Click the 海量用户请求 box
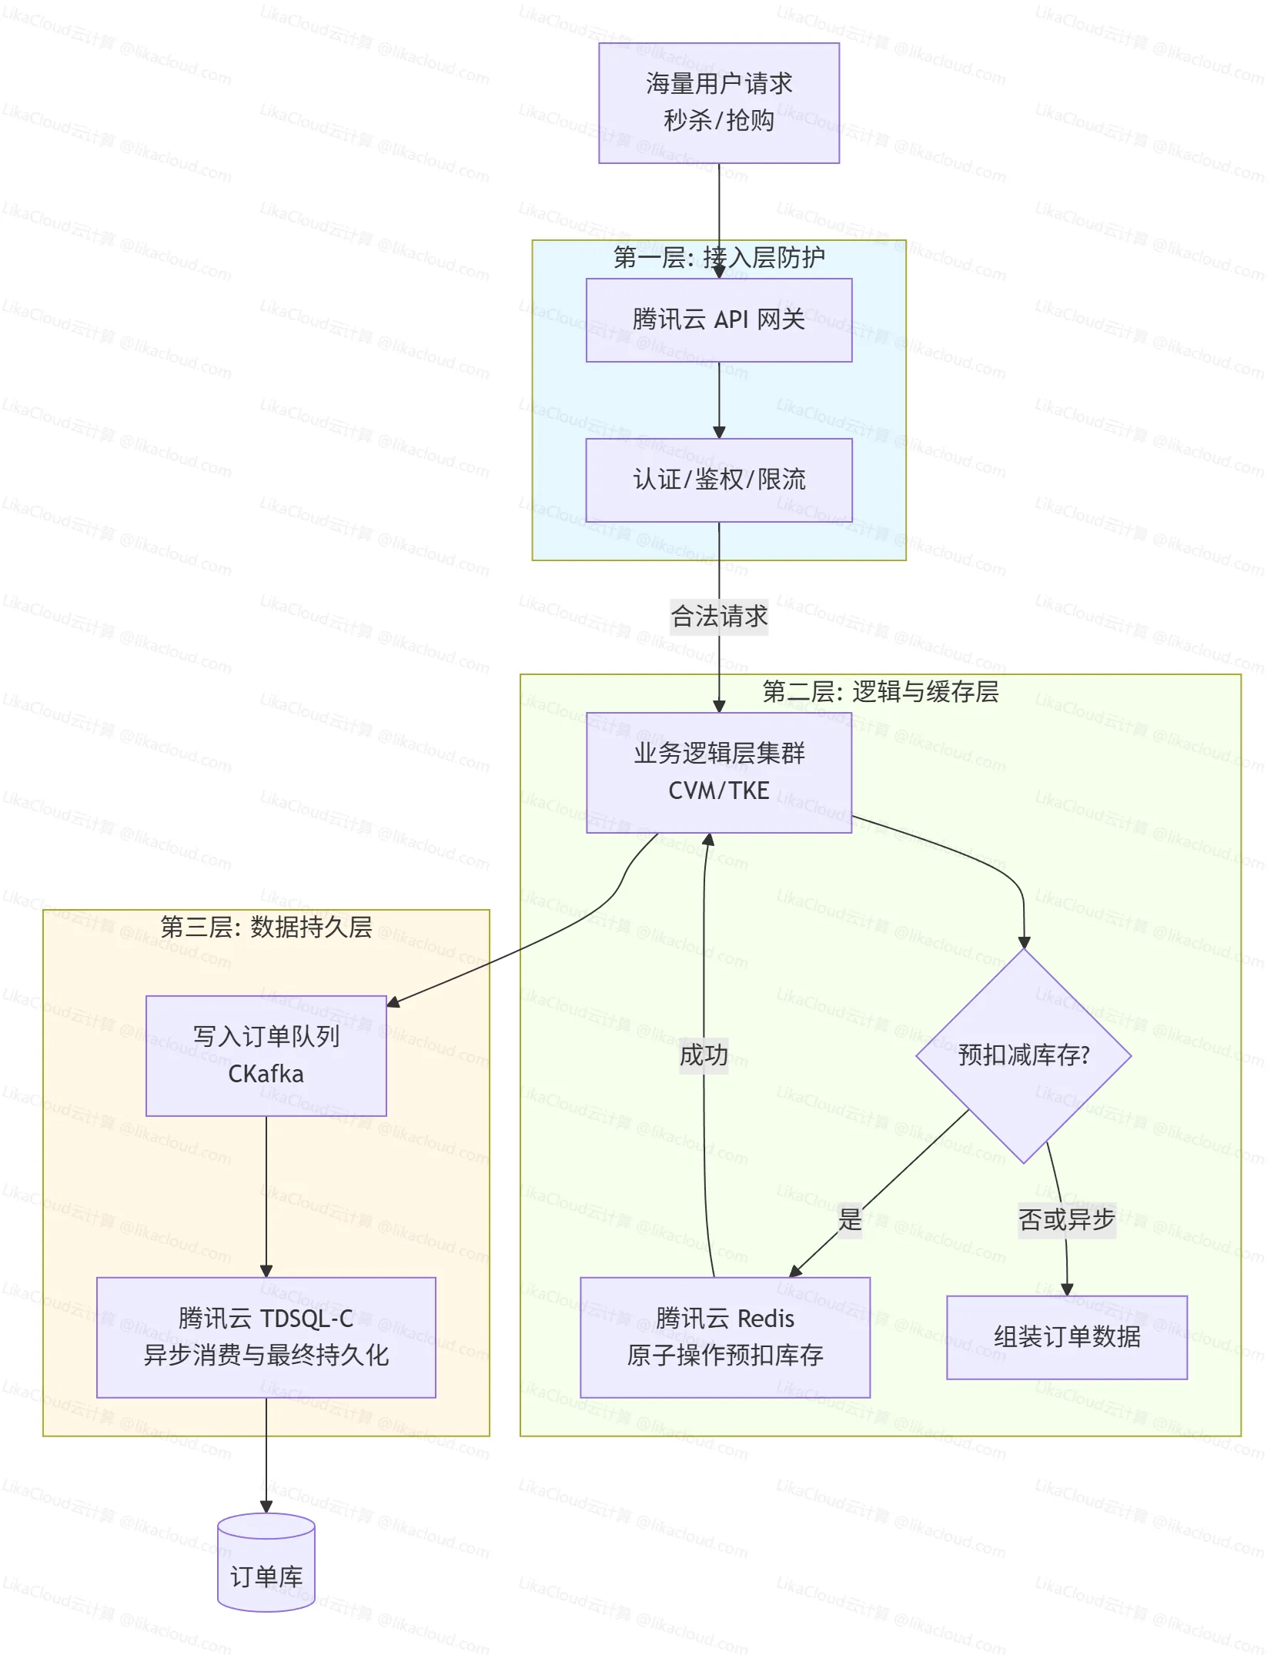pyautogui.click(x=718, y=102)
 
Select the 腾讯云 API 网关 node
pyautogui.click(x=718, y=319)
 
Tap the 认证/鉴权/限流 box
pyautogui.click(x=718, y=480)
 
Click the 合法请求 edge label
pyautogui.click(x=718, y=617)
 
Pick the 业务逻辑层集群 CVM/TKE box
pyautogui.click(x=718, y=772)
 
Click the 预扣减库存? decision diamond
pyautogui.click(x=1023, y=1055)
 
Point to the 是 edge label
pyautogui.click(x=849, y=1219)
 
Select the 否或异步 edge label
pyautogui.click(x=1066, y=1219)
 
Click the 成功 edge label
pyautogui.click(x=704, y=1055)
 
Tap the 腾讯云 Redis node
pyautogui.click(x=724, y=1337)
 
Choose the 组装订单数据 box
pyautogui.click(x=1066, y=1337)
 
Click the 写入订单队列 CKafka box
pyautogui.click(x=266, y=1055)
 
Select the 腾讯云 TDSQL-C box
pyautogui.click(x=266, y=1337)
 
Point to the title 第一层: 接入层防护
pyautogui.click(x=718, y=258)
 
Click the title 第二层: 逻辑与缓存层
pyautogui.click(x=880, y=692)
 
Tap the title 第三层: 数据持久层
pyautogui.click(x=266, y=927)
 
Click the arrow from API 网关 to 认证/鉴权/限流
pyautogui.click(x=718, y=400)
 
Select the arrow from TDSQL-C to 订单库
pyautogui.click(x=266, y=1455)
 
